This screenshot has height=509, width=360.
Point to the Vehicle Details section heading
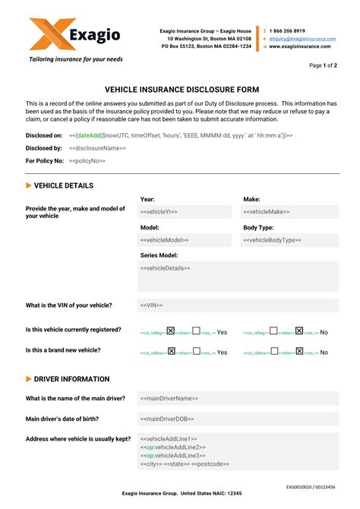click(x=64, y=185)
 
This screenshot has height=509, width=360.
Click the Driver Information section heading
click(x=72, y=379)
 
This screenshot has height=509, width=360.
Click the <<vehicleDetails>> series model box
click(x=237, y=276)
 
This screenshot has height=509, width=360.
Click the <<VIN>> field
click(x=237, y=305)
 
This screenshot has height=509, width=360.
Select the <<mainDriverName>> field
click(x=237, y=398)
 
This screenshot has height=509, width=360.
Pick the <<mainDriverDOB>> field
click(x=237, y=419)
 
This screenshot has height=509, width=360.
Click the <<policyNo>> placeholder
click(x=87, y=161)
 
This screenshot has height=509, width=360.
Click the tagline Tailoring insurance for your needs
click(x=75, y=58)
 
